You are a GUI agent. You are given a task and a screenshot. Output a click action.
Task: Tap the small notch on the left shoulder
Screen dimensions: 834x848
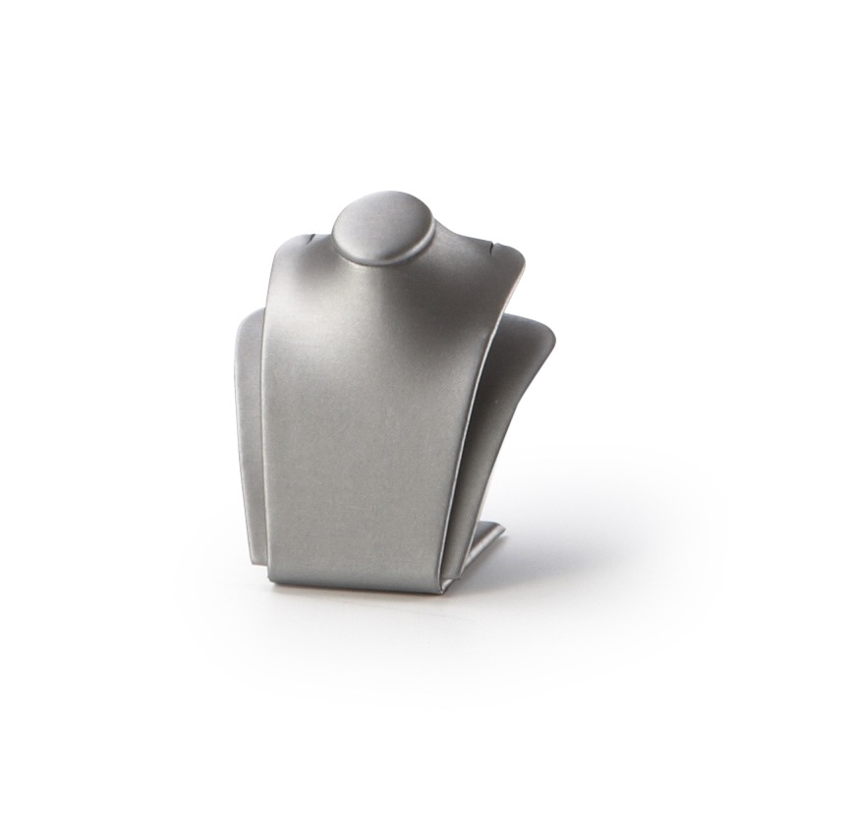312,237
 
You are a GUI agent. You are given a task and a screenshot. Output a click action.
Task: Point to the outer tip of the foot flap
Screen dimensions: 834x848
503,530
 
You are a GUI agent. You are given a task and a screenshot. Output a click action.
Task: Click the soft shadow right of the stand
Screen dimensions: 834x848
590,550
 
